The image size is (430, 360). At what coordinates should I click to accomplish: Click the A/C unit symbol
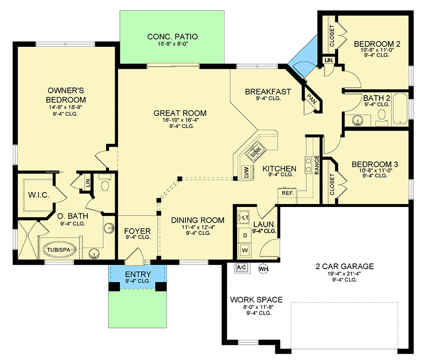coord(241,268)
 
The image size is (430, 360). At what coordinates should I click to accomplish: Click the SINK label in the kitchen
coord(256,153)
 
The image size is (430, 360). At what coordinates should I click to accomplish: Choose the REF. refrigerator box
coord(287,193)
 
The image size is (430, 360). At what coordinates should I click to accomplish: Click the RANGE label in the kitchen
coord(317,165)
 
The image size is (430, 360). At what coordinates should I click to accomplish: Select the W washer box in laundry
coord(246,250)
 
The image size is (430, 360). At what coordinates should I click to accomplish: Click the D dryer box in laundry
coord(246,235)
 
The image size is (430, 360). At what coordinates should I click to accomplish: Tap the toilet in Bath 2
coord(382,115)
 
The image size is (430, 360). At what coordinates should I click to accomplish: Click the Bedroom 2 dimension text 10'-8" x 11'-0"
coord(376,49)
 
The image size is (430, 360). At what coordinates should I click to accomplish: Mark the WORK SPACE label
coord(256,300)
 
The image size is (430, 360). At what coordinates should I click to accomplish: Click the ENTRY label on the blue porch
coord(138,274)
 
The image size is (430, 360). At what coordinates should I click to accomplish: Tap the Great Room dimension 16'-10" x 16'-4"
coord(180,120)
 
